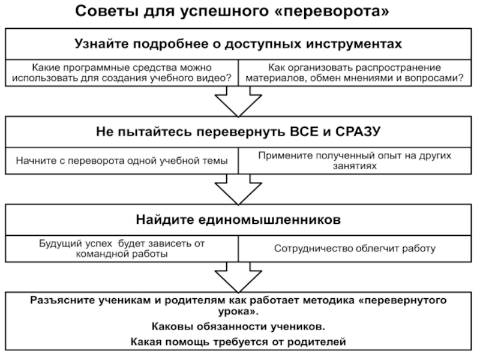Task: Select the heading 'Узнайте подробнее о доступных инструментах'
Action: [238, 44]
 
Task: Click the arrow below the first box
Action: [238, 101]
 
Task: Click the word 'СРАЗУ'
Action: [358, 131]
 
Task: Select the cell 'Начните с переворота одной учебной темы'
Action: [122, 161]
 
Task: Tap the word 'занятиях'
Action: [355, 166]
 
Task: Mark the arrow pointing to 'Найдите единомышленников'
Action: [238, 189]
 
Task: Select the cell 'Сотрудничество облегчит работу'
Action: [355, 248]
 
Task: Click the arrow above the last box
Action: [238, 277]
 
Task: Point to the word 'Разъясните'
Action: [62, 301]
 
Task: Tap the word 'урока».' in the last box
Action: [238, 311]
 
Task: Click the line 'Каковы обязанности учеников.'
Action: [238, 326]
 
